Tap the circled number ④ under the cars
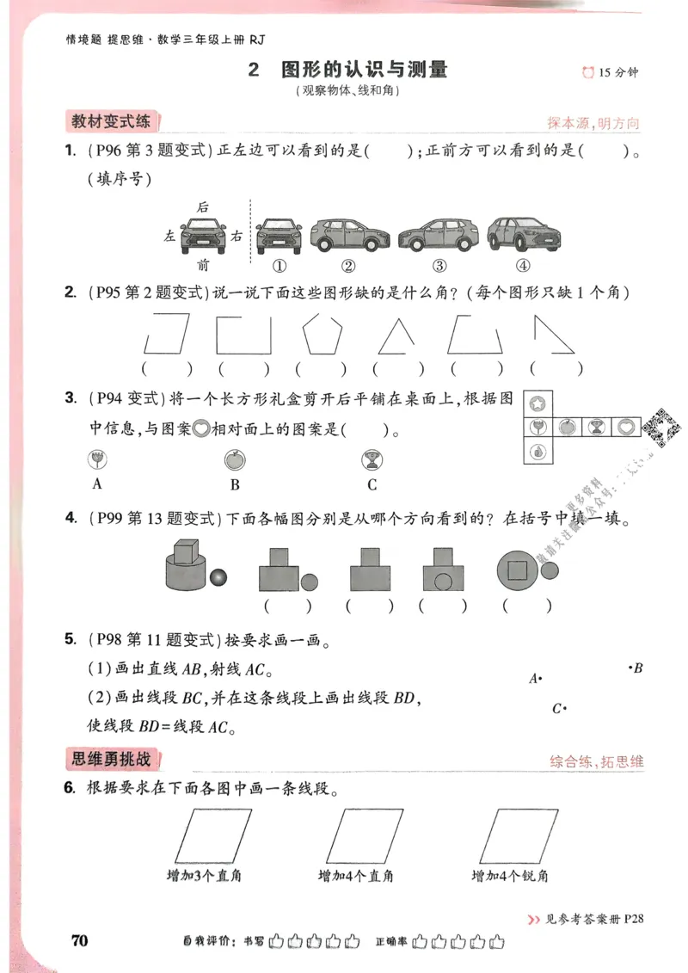(x=523, y=265)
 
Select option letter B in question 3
(x=235, y=484)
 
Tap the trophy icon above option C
(x=372, y=459)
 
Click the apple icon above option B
(x=233, y=459)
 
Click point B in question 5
(x=633, y=667)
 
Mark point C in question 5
(x=559, y=709)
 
